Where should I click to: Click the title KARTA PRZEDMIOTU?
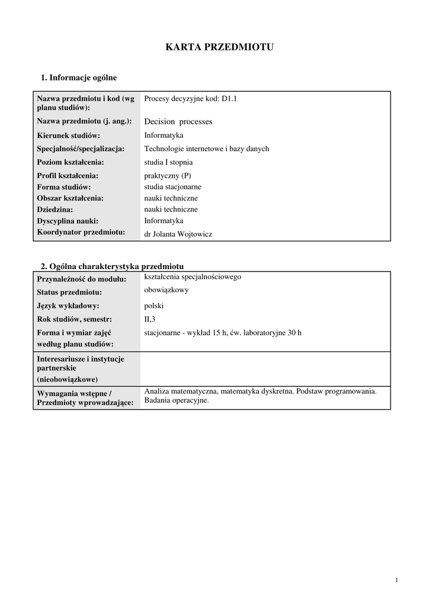[219, 47]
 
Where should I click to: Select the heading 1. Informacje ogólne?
[78, 78]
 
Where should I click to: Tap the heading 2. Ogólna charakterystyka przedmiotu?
[112, 266]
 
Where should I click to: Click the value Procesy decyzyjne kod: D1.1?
[190, 99]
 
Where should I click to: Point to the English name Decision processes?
[178, 122]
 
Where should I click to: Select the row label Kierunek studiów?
[69, 136]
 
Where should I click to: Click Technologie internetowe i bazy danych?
[206, 149]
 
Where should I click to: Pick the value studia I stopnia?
[168, 162]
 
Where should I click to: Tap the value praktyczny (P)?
[168, 175]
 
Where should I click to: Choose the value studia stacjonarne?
[172, 187]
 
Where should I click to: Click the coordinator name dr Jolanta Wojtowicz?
[178, 234]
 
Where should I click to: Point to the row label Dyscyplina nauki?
[68, 221]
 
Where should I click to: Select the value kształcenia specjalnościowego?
[193, 277]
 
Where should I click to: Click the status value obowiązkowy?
[167, 290]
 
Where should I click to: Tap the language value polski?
[153, 306]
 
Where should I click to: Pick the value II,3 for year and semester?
[150, 320]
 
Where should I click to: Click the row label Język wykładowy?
[68, 306]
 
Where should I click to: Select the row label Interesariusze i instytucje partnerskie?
[80, 363]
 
